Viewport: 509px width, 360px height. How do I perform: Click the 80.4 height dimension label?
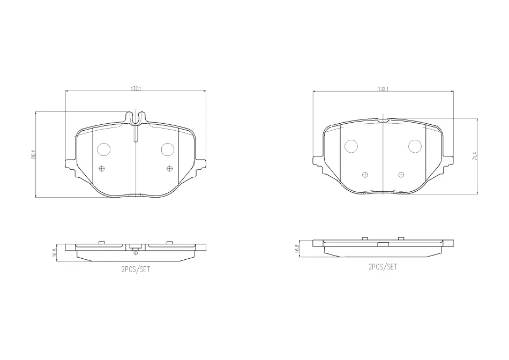[33, 154]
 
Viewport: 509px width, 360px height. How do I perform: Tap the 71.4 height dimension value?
[475, 156]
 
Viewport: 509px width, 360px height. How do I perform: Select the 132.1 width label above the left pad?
[136, 88]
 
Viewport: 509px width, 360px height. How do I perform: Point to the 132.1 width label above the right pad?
[383, 88]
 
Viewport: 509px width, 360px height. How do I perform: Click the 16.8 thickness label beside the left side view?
[54, 252]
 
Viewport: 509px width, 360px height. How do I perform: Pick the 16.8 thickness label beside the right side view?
[297, 249]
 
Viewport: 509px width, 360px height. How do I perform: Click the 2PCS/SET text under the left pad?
[136, 269]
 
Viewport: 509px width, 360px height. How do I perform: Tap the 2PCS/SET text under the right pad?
[383, 267]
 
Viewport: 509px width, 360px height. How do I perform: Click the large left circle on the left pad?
[104, 149]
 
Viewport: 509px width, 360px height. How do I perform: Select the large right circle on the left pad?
[168, 149]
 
